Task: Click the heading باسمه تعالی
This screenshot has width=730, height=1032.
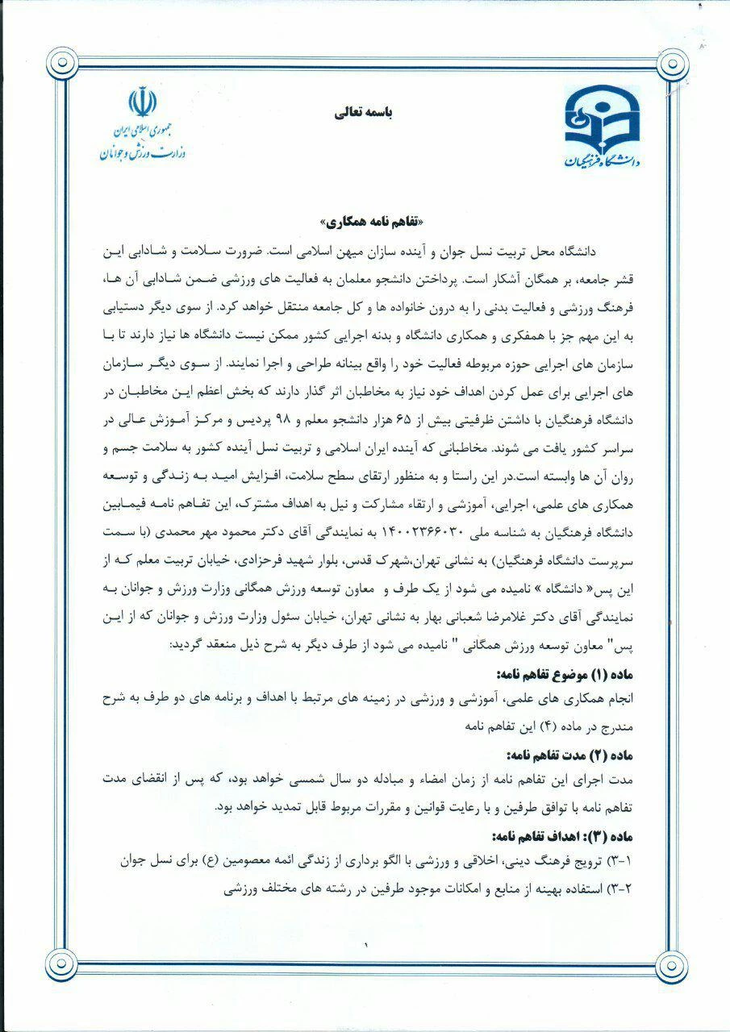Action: click(363, 113)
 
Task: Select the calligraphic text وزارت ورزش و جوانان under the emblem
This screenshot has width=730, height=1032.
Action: click(143, 152)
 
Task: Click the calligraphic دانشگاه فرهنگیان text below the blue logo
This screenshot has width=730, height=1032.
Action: click(600, 160)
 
